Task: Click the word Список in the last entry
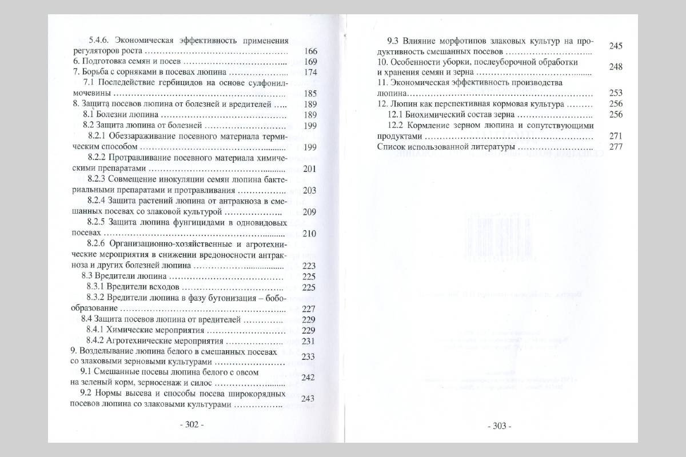click(392, 147)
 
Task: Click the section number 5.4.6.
click(101, 41)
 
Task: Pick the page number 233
click(309, 357)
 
